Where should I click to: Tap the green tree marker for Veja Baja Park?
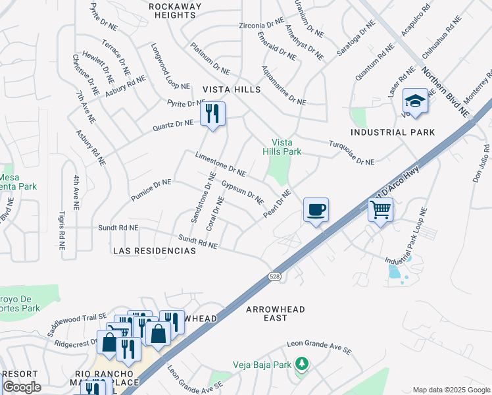301,363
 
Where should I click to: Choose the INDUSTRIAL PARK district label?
393,132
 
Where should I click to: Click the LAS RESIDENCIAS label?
155,251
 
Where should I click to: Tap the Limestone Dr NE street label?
220,164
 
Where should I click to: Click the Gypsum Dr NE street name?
242,192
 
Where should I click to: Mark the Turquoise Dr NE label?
351,153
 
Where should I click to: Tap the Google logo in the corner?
22,387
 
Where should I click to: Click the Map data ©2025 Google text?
451,390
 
